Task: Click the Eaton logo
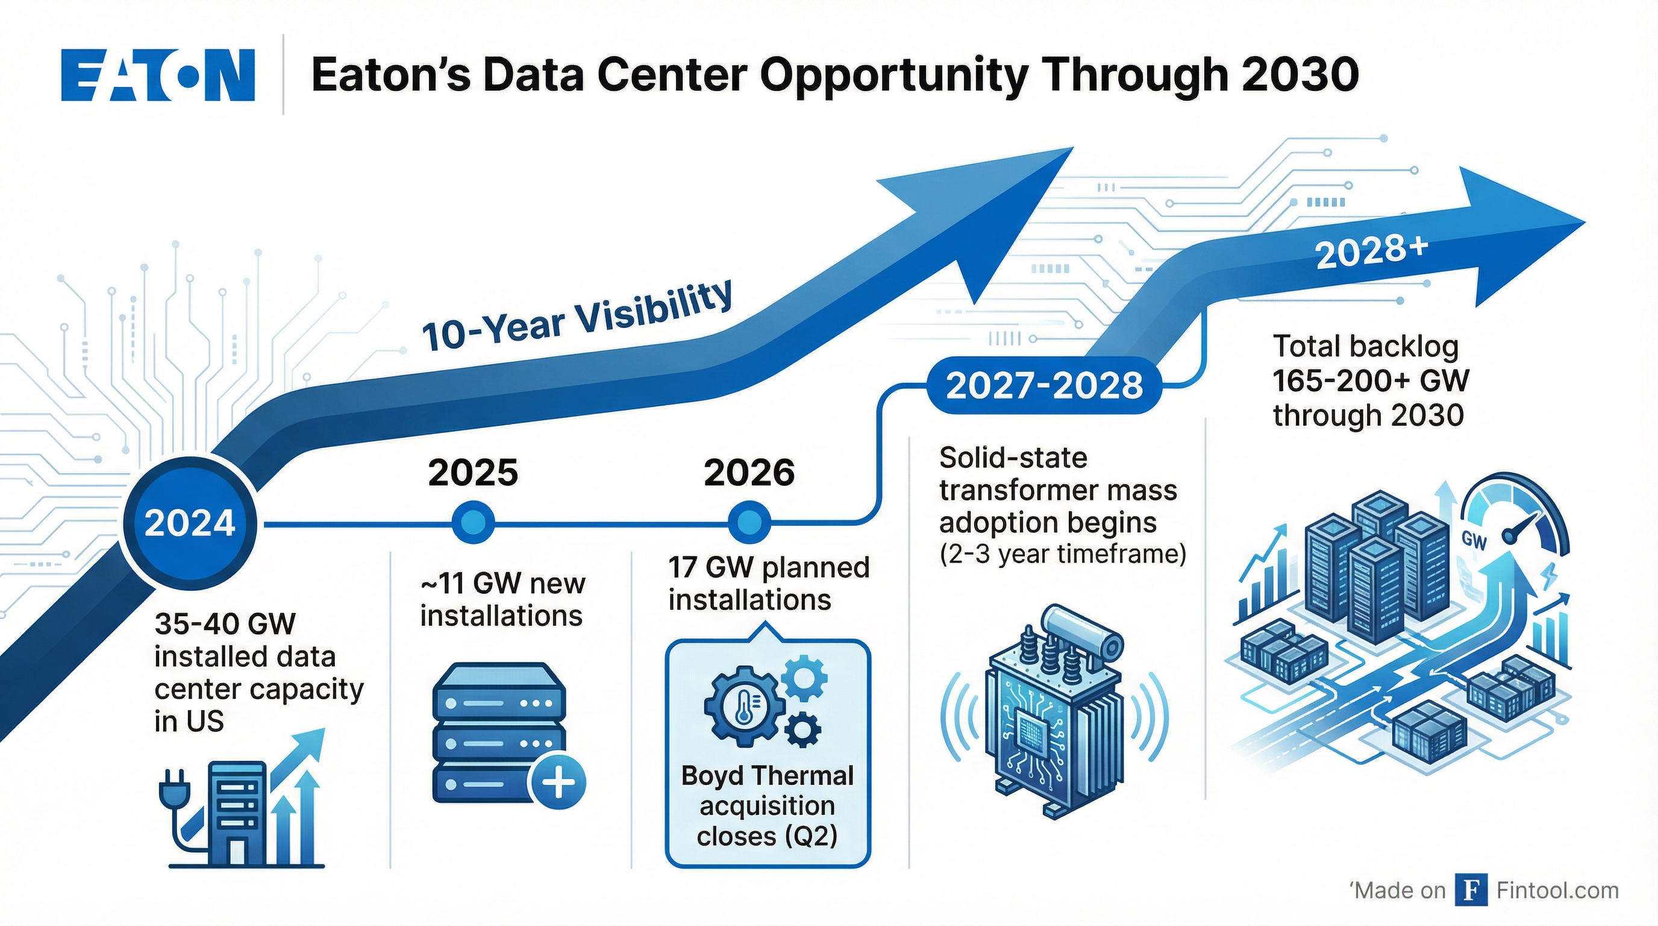tap(158, 75)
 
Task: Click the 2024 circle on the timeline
tap(190, 522)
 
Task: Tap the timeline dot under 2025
tap(474, 522)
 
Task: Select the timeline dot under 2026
tap(748, 522)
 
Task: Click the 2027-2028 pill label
tap(1044, 385)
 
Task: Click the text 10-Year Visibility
tap(577, 315)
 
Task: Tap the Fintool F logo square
tap(1471, 890)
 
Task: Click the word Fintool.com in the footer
tap(1557, 890)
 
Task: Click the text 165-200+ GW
tap(1371, 380)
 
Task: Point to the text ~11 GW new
tap(502, 584)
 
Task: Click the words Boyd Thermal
tap(767, 775)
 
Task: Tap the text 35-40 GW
tap(225, 623)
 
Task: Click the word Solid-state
tap(1013, 458)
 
